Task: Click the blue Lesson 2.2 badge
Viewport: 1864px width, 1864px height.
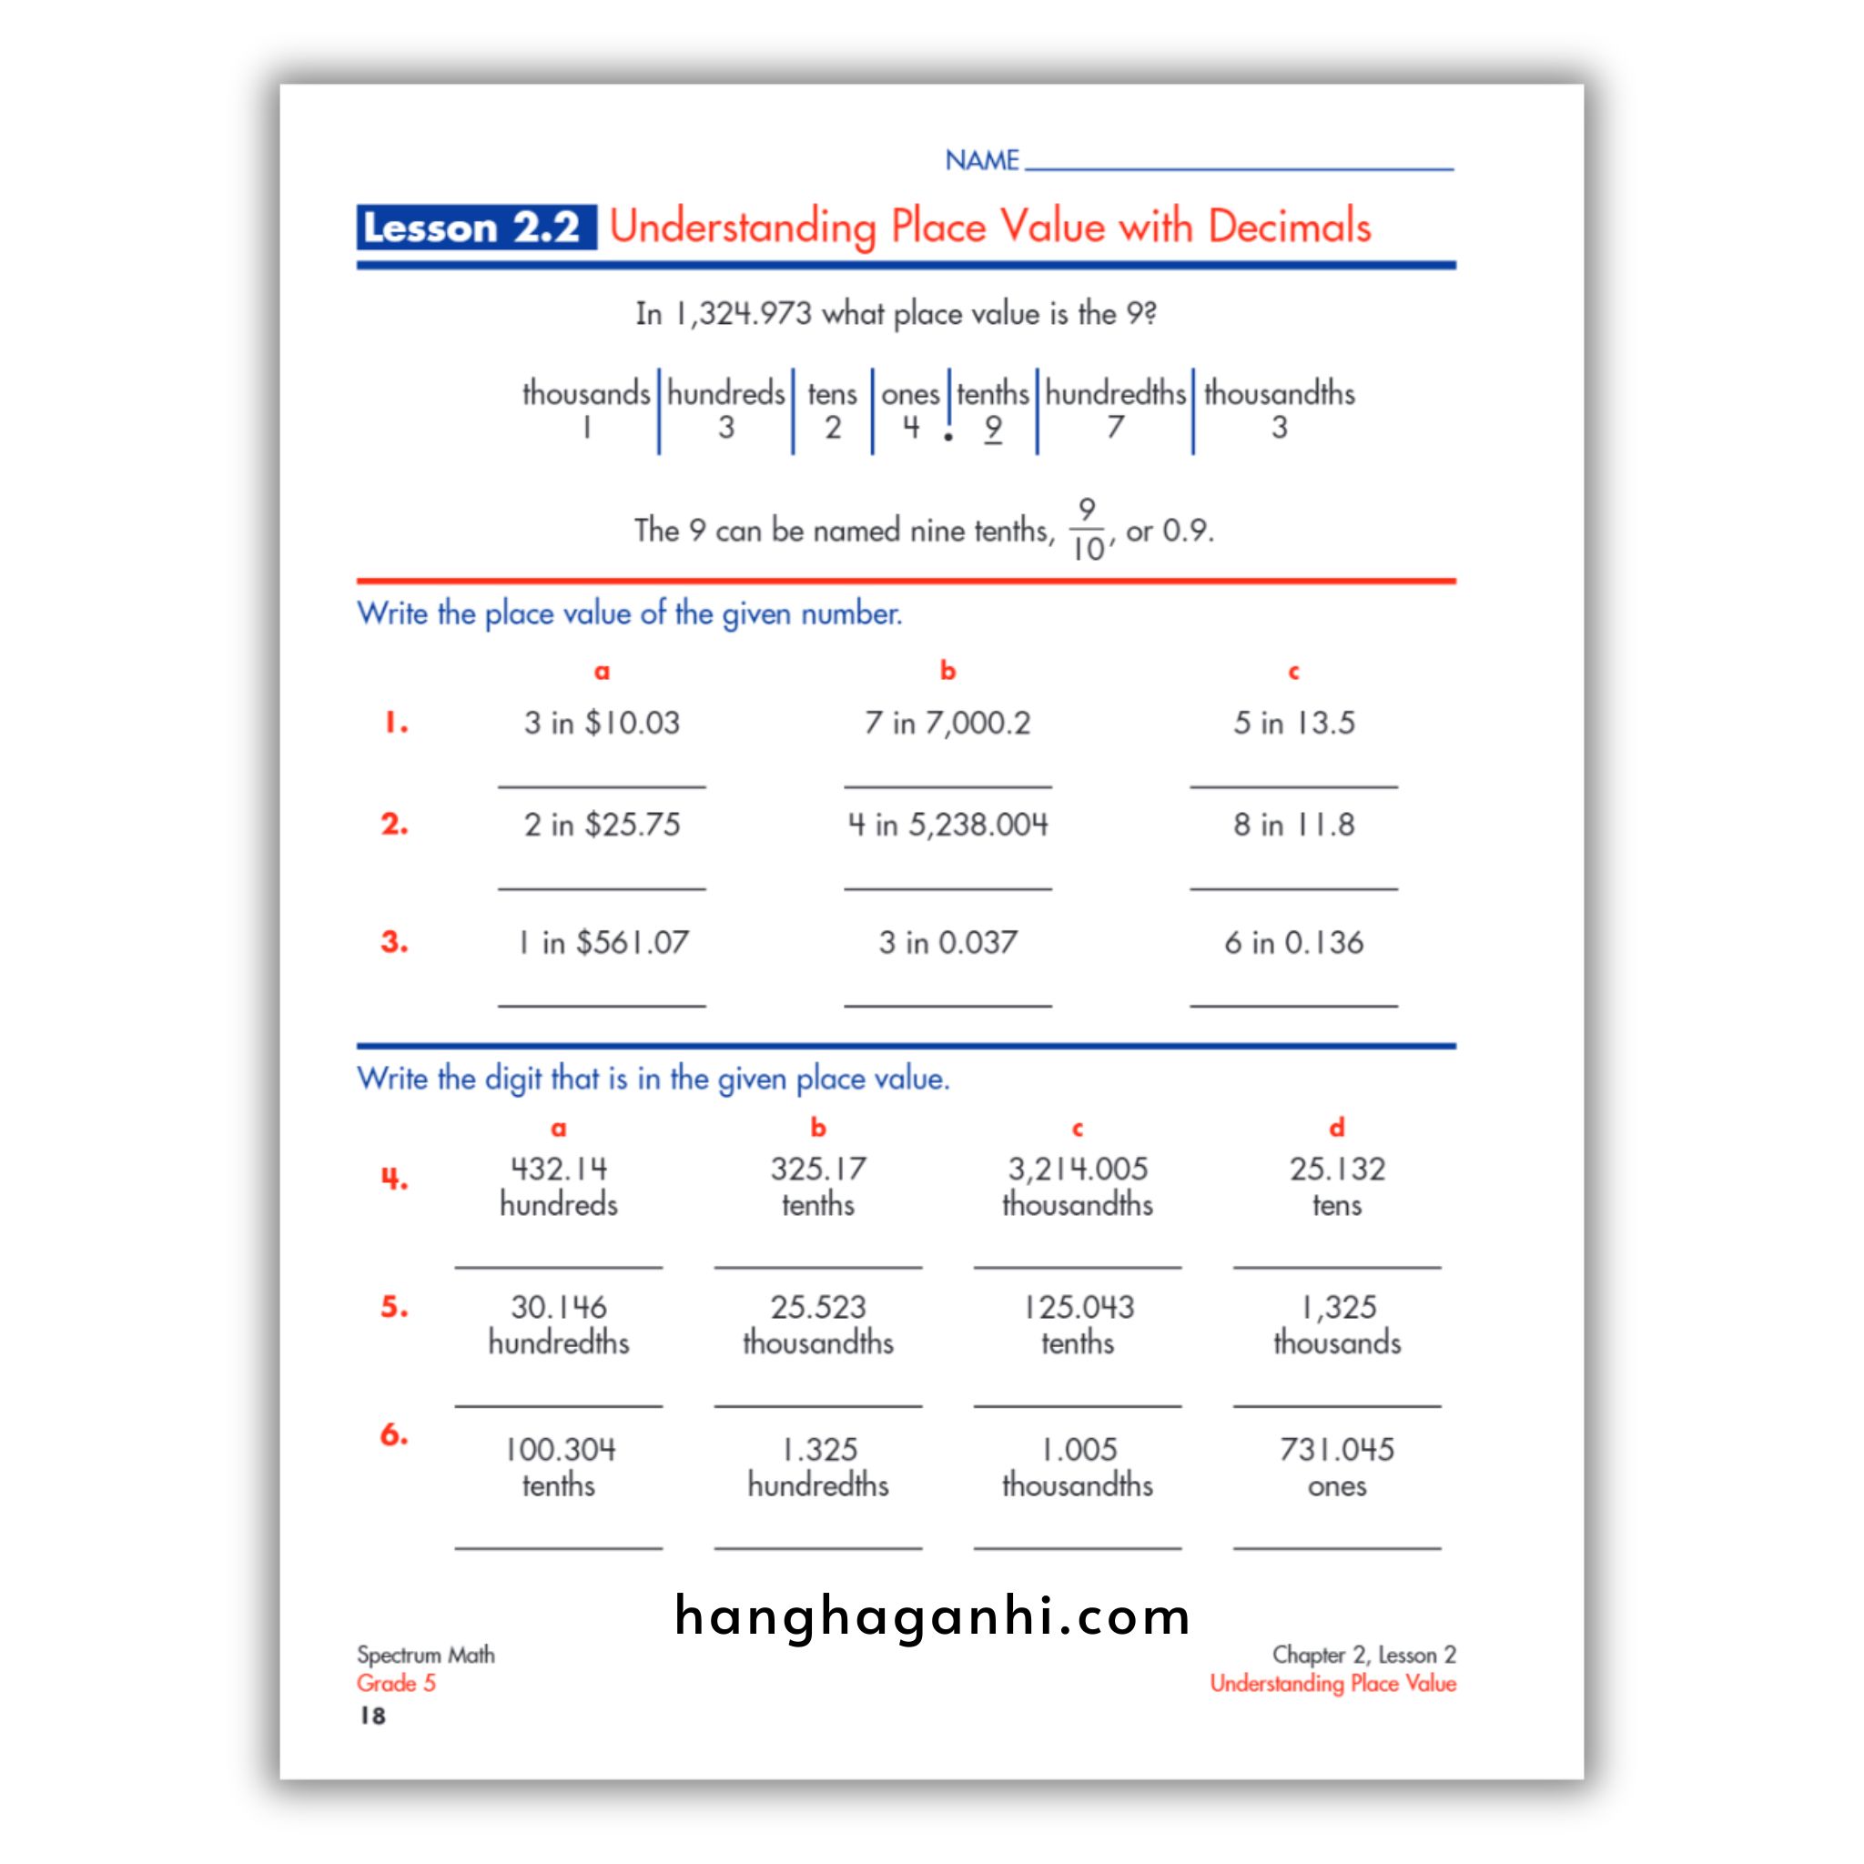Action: [475, 228]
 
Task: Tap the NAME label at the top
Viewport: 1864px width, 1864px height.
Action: [981, 160]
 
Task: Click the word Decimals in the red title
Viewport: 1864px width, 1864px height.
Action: [1288, 227]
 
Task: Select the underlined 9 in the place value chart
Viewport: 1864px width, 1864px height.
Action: [993, 428]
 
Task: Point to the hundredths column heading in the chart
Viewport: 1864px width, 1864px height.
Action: [1114, 393]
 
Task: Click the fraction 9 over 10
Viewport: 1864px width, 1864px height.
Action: [1088, 530]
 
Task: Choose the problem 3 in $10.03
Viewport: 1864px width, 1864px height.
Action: [601, 723]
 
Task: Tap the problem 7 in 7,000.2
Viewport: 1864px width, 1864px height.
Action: [947, 723]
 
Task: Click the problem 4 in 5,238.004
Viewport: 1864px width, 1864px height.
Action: [947, 825]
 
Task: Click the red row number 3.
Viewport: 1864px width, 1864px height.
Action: [393, 942]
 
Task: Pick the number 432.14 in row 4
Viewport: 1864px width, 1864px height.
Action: [559, 1170]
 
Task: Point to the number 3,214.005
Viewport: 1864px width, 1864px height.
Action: [1078, 1170]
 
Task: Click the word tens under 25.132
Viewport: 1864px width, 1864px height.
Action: [1336, 1205]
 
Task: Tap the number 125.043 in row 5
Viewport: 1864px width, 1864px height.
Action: [1078, 1307]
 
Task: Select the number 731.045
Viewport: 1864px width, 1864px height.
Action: [1336, 1449]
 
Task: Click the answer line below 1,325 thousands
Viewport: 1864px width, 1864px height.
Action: [1336, 1404]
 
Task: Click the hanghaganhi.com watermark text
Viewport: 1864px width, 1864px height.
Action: [932, 1616]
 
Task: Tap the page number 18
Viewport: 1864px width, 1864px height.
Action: [372, 1715]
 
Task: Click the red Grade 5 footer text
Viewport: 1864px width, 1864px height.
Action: [397, 1683]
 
